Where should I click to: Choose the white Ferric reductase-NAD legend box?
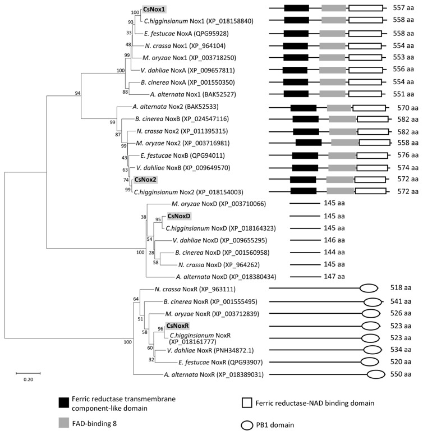click(248, 402)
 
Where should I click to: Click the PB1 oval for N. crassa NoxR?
click(368, 288)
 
